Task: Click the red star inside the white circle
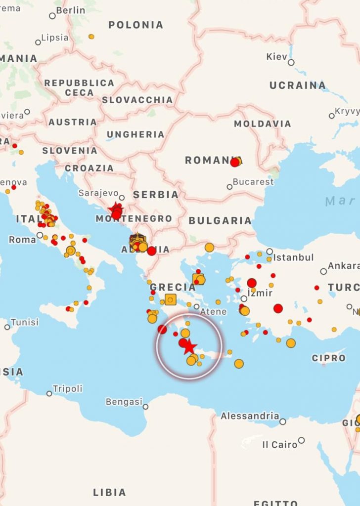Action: coord(190,347)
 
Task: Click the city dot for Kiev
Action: coord(291,62)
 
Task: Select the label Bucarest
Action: coord(253,182)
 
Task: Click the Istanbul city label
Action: coord(294,257)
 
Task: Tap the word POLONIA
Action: coord(135,25)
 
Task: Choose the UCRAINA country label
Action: coord(298,85)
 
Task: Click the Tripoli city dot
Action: coord(49,394)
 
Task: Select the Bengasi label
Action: coord(124,401)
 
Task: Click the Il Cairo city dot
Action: coord(301,440)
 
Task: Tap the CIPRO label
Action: coord(329,358)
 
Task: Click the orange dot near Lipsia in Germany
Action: coord(91,37)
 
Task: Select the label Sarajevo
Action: coord(98,193)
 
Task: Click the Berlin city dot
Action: coord(52,16)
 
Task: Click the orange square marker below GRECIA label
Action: coord(170,299)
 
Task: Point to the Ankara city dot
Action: coord(323,271)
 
